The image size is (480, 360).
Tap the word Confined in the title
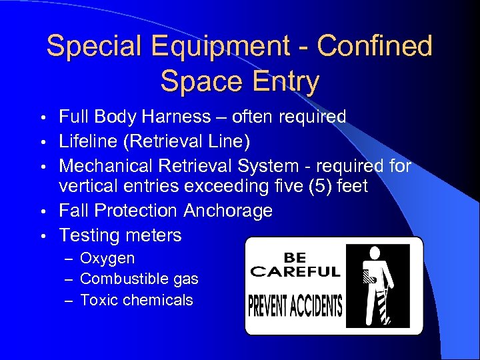(x=375, y=47)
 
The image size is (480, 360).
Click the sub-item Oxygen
(x=107, y=258)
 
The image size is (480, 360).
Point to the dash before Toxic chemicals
(x=68, y=301)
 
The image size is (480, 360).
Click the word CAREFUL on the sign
(x=295, y=272)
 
